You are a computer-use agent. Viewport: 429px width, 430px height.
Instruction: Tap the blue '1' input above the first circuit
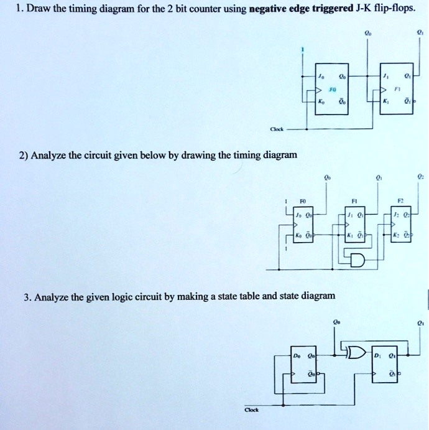(303, 50)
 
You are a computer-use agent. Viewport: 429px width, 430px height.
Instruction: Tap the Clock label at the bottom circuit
(251, 409)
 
